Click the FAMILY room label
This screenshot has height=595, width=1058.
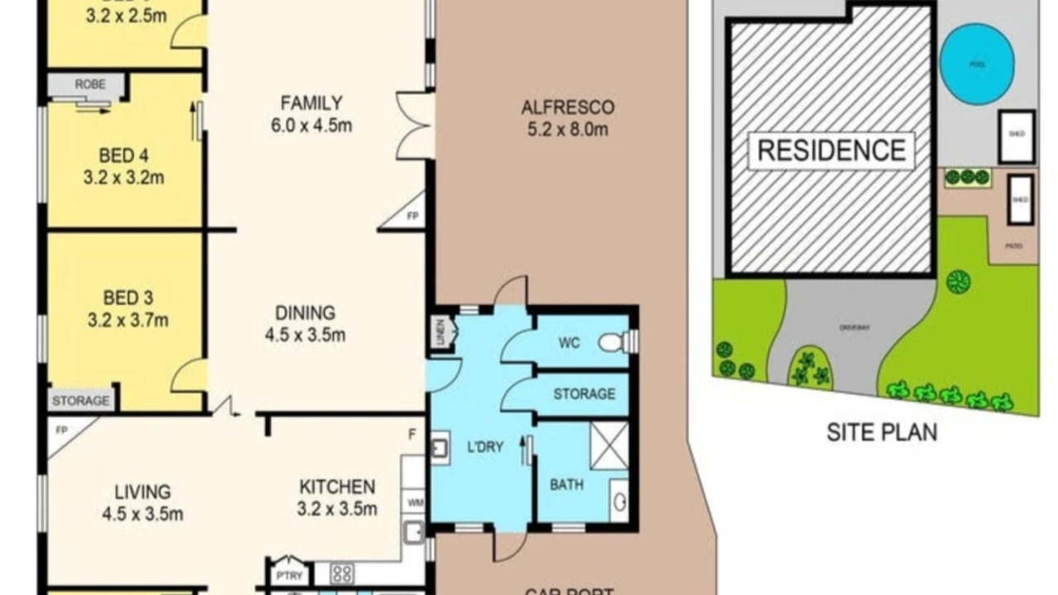311,103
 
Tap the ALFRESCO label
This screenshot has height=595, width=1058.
567,107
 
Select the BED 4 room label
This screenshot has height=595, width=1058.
124,155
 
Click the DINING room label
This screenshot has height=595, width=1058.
305,313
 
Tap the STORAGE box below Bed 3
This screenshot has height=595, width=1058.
81,401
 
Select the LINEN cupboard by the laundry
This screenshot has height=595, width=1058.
441,332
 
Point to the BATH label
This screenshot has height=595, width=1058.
566,484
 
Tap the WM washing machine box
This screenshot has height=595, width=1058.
413,501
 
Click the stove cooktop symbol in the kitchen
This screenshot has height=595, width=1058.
342,572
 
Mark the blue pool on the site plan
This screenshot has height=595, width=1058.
977,64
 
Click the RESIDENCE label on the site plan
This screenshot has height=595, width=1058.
832,150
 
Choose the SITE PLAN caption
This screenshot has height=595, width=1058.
882,432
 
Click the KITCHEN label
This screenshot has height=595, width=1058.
337,487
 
